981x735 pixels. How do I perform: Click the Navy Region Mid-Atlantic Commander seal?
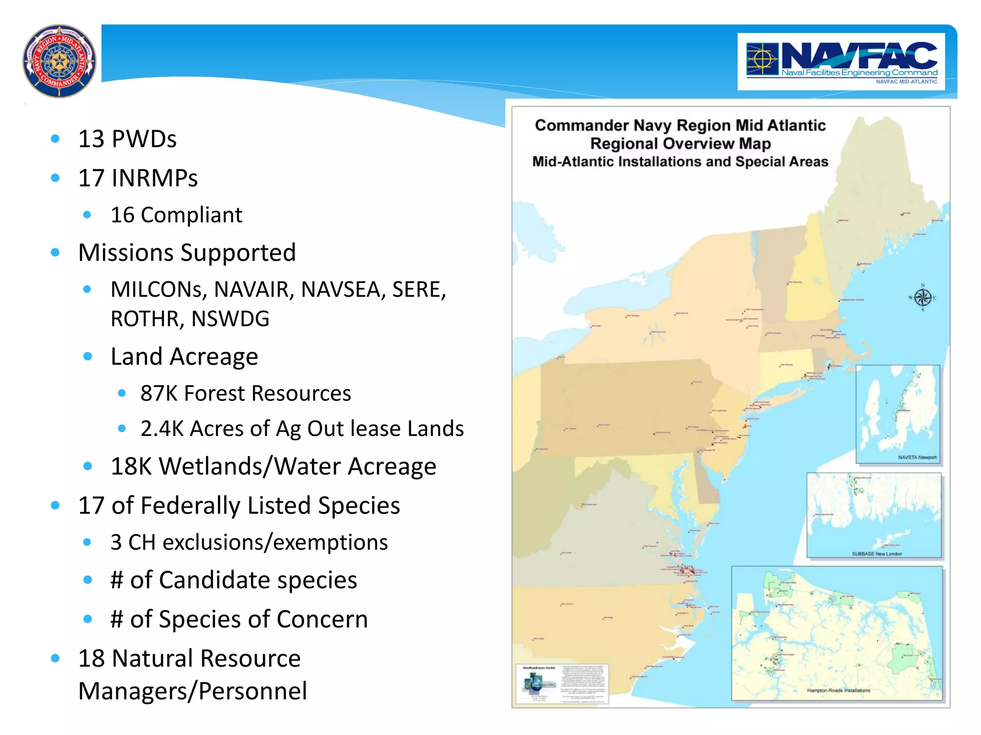click(x=59, y=61)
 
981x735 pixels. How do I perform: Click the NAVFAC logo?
click(x=841, y=62)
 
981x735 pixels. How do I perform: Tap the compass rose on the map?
click(x=922, y=298)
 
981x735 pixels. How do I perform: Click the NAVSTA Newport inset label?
click(x=917, y=457)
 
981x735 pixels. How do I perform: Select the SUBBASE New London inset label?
click(x=877, y=554)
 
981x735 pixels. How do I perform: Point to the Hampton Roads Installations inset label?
click(x=838, y=690)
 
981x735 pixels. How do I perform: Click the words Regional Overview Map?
click(x=680, y=144)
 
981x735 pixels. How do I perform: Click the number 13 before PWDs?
click(x=91, y=139)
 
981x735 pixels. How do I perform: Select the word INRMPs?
click(x=154, y=178)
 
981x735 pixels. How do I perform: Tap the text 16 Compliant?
click(x=176, y=215)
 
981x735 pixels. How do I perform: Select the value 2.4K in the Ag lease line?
click(x=162, y=429)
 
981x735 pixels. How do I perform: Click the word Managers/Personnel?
click(x=193, y=691)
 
